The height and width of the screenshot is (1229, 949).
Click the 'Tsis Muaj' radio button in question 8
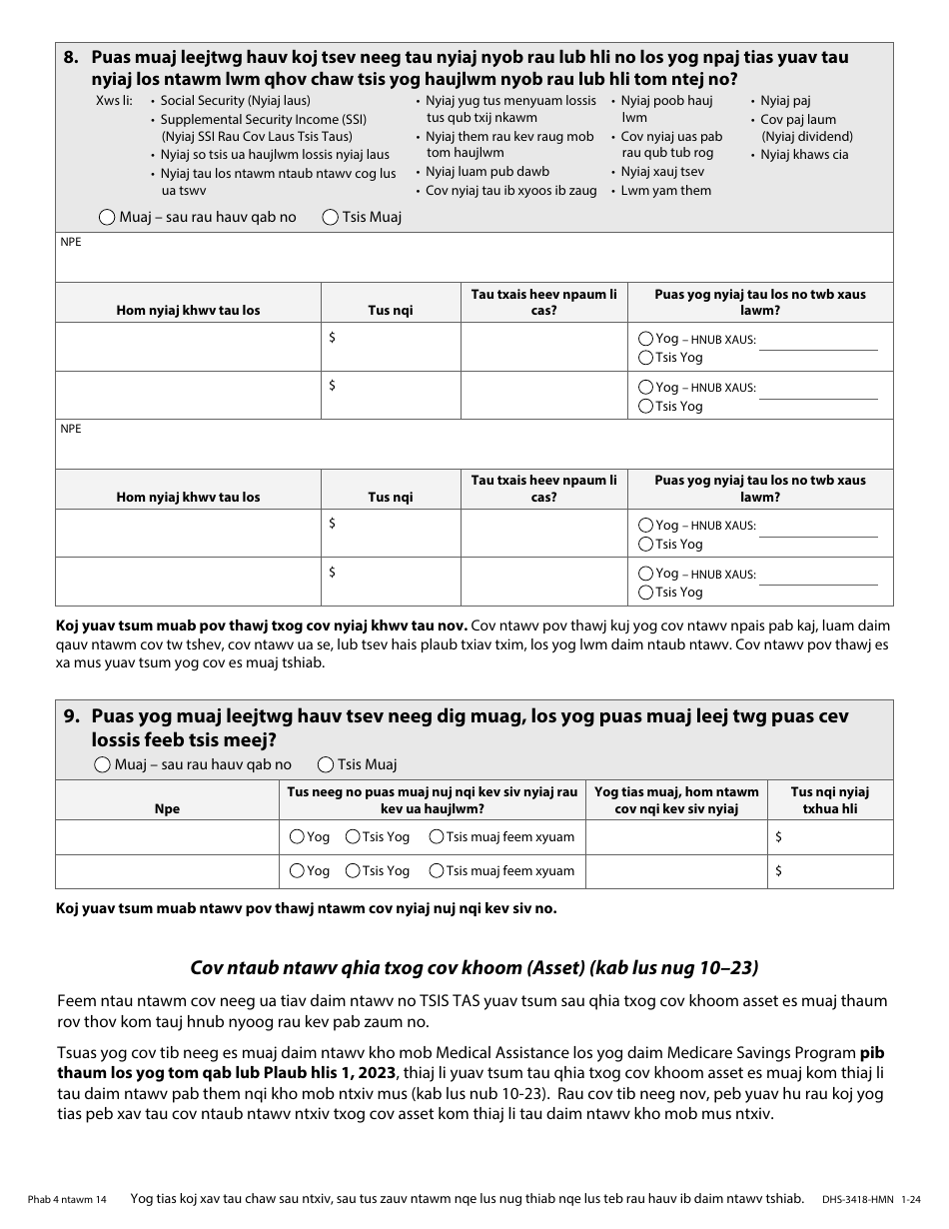pos(331,217)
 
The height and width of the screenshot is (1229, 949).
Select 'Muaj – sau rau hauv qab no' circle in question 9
pos(101,764)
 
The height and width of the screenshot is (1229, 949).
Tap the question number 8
pos(71,58)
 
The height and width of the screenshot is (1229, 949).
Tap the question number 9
pos(71,716)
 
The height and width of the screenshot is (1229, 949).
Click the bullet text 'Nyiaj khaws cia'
pos(803,155)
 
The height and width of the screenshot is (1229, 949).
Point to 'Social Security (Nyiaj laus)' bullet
pos(235,101)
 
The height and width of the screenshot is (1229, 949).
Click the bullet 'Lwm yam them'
pos(665,191)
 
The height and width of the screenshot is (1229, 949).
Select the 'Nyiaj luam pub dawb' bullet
pos(486,172)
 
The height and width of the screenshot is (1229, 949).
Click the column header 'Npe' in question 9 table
pos(167,809)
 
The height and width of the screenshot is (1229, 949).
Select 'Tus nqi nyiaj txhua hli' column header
pos(829,800)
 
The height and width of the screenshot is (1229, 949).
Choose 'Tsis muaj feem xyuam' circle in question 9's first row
pos(437,837)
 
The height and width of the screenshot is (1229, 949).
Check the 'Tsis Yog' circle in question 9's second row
pos(353,871)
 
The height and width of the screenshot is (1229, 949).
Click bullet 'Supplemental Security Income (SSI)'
pos(263,119)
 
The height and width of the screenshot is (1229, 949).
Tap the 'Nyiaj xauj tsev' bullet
pos(662,173)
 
